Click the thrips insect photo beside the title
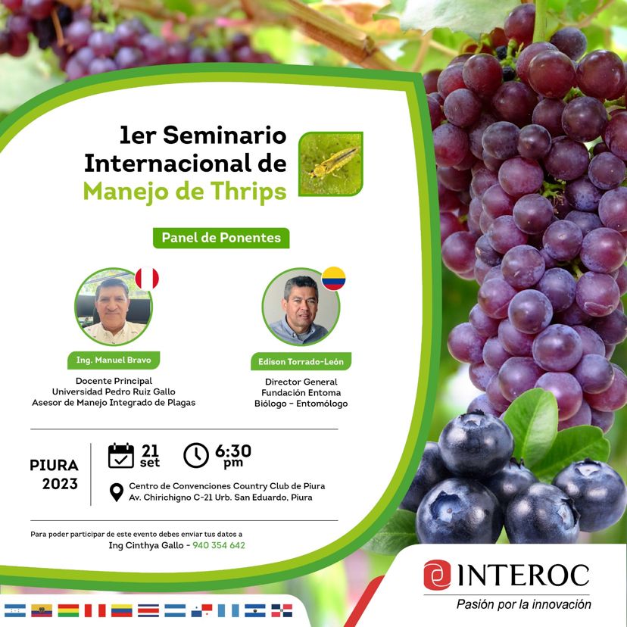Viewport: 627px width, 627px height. click(331, 164)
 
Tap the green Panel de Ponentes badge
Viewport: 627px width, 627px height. click(221, 238)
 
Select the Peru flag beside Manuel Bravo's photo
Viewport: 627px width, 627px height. click(147, 279)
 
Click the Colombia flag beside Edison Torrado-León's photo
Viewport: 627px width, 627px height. click(333, 279)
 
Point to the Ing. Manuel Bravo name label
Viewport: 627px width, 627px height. click(114, 360)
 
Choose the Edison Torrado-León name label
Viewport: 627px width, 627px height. click(301, 361)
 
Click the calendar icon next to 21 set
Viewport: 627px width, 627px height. click(120, 455)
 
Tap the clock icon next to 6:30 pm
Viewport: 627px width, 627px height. click(196, 455)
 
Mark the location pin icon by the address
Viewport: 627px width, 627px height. click(117, 492)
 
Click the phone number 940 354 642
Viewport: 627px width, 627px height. click(219, 545)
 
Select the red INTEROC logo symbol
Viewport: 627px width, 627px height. click(437, 575)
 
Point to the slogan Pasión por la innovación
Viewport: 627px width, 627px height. click(524, 604)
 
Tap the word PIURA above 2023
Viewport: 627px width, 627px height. click(54, 466)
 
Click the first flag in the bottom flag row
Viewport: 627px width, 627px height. click(15, 610)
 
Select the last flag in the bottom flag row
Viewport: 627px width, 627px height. click(282, 610)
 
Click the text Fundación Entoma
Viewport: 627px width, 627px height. click(301, 393)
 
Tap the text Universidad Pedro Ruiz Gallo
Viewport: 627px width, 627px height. click(114, 391)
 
